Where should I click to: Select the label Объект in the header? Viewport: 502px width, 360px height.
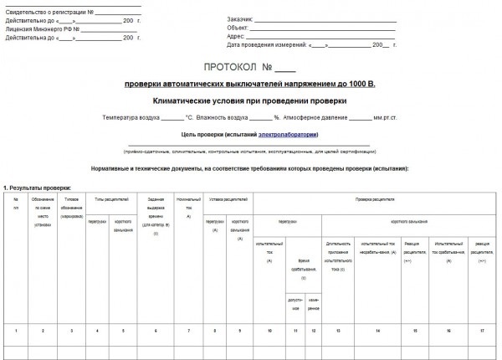238,27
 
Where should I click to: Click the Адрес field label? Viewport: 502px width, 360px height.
237,36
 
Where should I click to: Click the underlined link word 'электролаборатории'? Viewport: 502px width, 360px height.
289,133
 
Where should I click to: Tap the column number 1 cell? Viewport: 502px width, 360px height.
15,332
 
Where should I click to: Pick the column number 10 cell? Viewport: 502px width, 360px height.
269,332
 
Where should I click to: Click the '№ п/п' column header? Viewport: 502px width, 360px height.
15,203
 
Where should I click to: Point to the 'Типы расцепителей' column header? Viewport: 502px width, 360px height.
110,200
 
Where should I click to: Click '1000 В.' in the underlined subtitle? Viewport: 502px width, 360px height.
358,84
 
